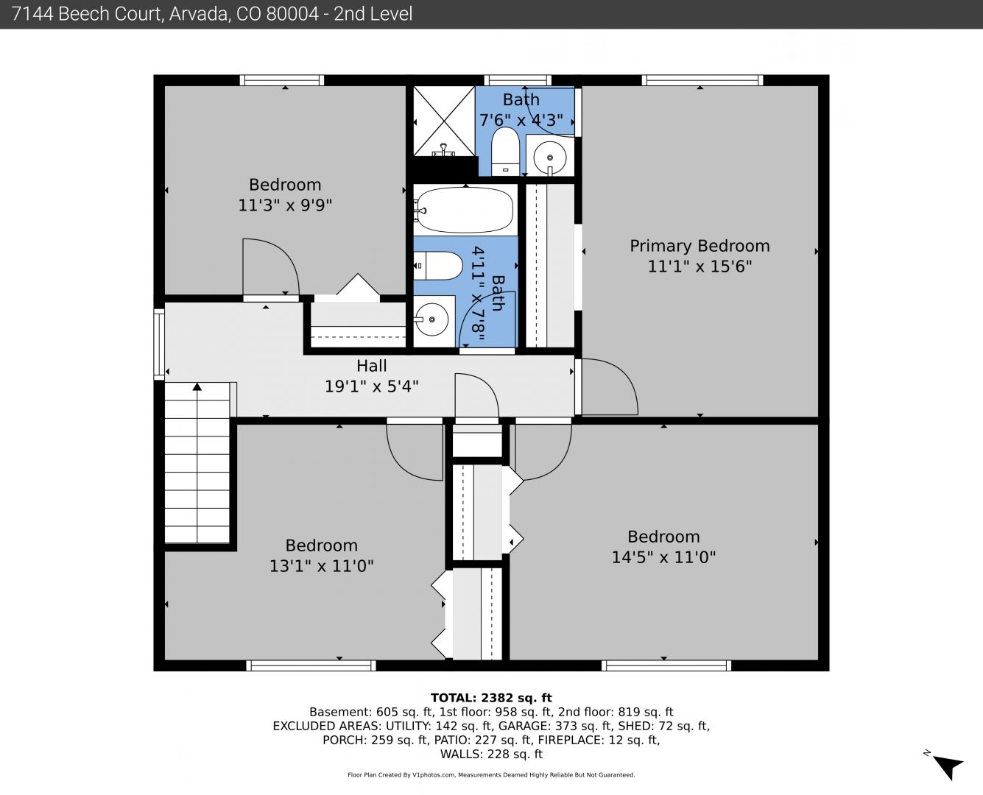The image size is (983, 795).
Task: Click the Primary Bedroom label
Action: point(700,246)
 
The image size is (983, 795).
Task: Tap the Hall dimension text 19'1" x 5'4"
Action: point(372,386)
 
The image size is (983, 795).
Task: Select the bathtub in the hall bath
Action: point(465,210)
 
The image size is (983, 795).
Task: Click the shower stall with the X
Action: point(444,121)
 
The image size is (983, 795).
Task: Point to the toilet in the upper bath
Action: point(505,152)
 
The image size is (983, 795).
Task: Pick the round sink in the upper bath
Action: point(550,158)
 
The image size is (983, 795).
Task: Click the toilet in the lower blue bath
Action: point(438,266)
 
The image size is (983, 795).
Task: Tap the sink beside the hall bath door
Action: point(431,319)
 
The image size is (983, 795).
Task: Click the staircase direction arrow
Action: point(197,462)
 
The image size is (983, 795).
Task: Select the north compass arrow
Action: point(949,766)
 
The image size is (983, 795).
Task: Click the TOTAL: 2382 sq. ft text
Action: point(491,698)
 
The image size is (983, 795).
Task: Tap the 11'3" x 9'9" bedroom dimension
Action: point(285,205)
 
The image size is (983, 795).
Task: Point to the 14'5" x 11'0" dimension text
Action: point(663,557)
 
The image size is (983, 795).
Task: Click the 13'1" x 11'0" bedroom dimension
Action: point(321,566)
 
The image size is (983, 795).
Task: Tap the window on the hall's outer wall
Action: point(159,344)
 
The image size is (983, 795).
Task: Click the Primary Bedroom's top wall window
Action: point(702,80)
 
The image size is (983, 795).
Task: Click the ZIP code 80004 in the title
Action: point(292,14)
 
